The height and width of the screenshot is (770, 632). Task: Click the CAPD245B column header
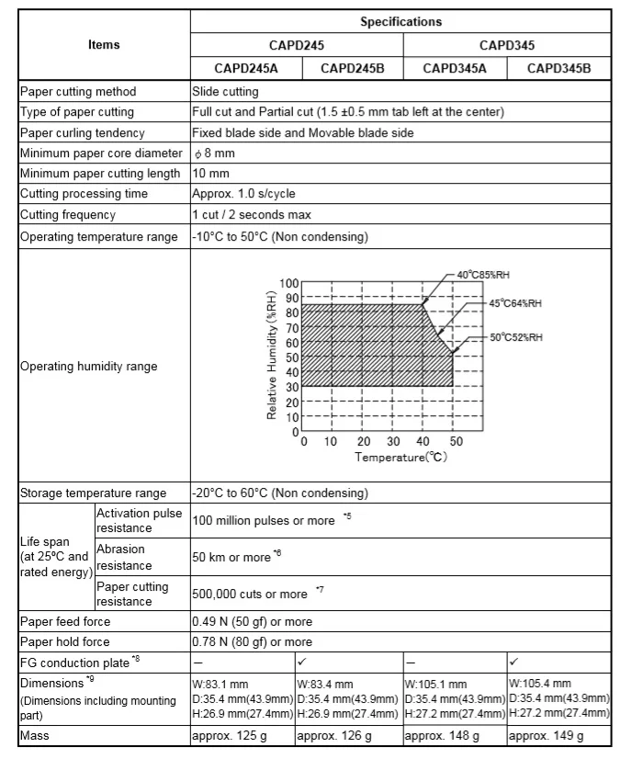[x=350, y=68]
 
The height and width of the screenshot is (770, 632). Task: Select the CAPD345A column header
[x=455, y=68]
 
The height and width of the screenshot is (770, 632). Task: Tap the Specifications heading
[x=401, y=21]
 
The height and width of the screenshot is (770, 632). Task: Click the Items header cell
[x=104, y=45]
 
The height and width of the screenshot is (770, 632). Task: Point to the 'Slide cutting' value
[x=225, y=92]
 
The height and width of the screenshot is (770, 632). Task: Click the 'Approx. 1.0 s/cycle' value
[x=243, y=194]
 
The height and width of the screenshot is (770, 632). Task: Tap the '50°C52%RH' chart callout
[x=515, y=337]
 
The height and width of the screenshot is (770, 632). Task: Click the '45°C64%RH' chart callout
[x=515, y=303]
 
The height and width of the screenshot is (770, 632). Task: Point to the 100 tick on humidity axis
[x=289, y=284]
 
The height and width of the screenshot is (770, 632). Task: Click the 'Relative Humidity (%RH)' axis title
[x=272, y=356]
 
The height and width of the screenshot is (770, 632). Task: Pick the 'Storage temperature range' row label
[x=93, y=493]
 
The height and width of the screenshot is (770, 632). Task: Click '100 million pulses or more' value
[x=264, y=521]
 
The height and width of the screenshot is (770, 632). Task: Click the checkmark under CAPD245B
[x=301, y=662]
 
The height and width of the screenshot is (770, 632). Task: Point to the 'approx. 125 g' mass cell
[x=229, y=736]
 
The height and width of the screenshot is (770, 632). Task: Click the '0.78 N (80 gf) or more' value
[x=252, y=642]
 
